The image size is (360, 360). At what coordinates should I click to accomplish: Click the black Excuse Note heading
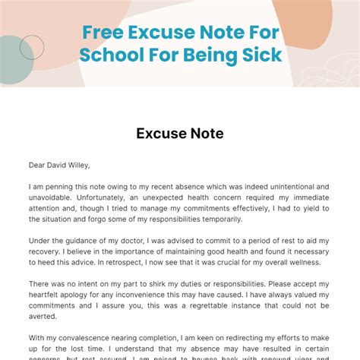[179, 134]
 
